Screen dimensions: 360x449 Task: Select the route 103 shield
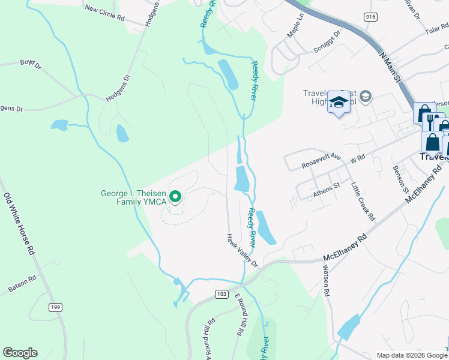coord(221,293)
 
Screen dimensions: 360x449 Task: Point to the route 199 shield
coord(56,308)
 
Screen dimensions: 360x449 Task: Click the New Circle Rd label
coord(104,13)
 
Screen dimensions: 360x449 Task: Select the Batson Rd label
coord(22,284)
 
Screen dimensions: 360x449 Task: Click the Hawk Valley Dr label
coord(242,250)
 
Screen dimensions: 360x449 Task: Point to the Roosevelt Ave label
coord(321,160)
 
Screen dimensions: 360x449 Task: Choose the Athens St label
coord(327,189)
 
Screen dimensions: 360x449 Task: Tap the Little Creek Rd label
coord(363,201)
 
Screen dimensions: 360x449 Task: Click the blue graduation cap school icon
coord(339,103)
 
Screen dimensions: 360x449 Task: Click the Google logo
coord(20,353)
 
